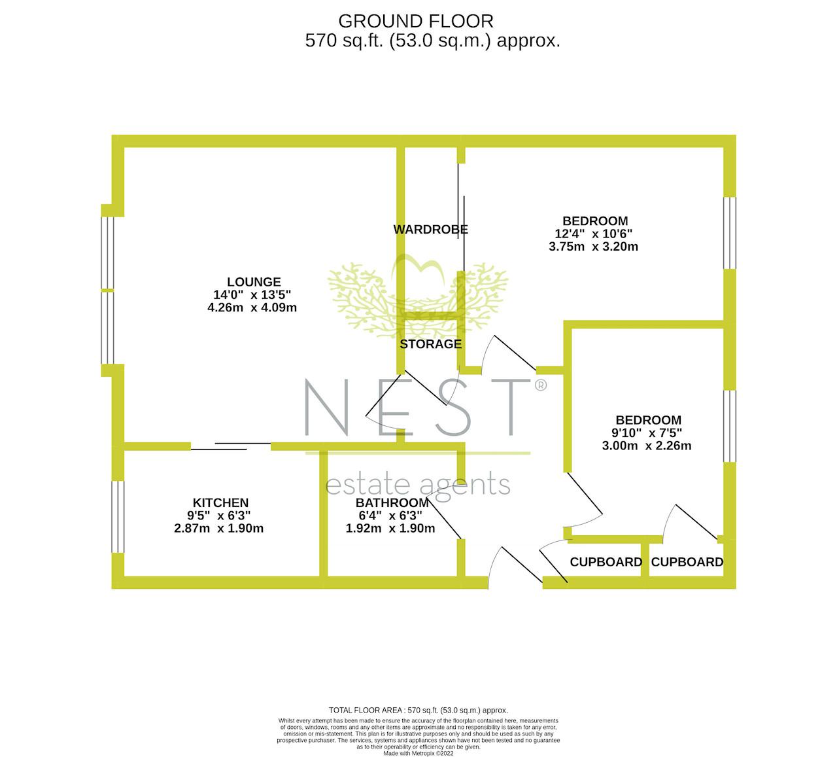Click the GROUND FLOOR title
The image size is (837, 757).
(x=416, y=22)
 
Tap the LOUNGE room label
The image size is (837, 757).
(x=254, y=282)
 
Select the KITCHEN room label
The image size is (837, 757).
(x=220, y=502)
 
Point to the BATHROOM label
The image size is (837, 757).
(x=392, y=502)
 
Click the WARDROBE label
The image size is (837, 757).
(x=431, y=229)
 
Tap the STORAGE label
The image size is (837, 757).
(x=431, y=344)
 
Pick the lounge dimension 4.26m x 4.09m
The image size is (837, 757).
(x=252, y=308)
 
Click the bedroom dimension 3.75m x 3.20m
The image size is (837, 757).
(x=593, y=247)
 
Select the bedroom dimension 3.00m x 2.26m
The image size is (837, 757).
(x=646, y=446)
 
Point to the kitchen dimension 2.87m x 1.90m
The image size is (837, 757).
(x=218, y=529)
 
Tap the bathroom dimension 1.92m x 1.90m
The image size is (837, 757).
(x=390, y=529)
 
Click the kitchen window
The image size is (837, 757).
(x=118, y=517)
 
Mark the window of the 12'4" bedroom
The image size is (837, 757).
(x=729, y=233)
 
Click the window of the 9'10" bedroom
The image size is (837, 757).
(x=729, y=427)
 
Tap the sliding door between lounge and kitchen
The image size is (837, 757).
(x=231, y=446)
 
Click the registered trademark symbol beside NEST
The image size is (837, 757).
(x=540, y=385)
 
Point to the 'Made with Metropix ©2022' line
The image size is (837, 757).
(x=418, y=753)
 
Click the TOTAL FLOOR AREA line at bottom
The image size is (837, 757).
(x=418, y=711)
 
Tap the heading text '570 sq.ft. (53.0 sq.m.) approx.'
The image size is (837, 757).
(x=432, y=41)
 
